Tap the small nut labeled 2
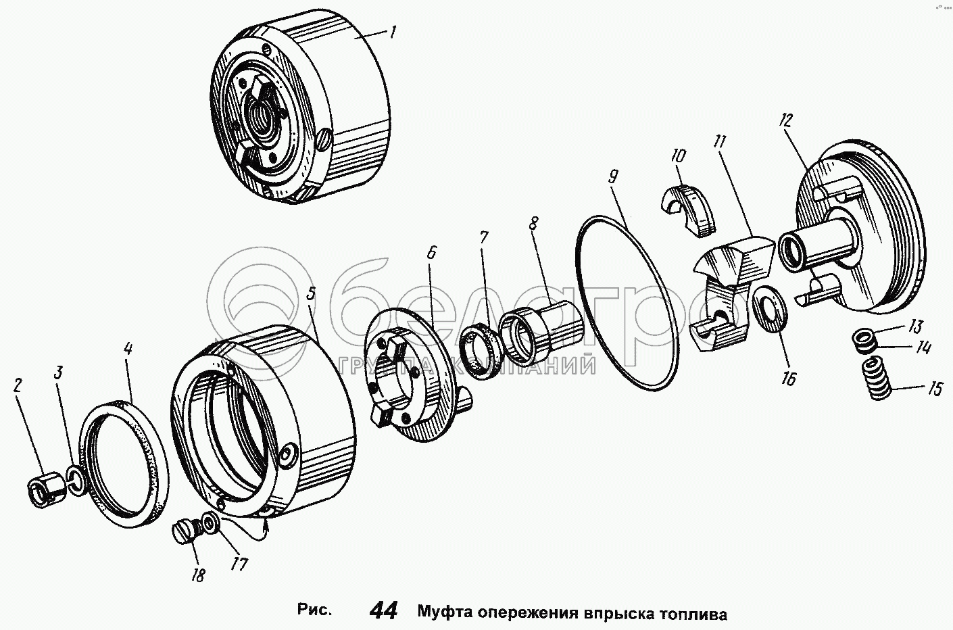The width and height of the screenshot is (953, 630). coord(47,492)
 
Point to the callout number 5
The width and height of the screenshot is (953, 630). coord(312,293)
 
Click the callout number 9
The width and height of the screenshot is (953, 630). coord(612,176)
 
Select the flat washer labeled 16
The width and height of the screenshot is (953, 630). coord(770,308)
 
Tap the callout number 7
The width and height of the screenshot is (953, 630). coord(484,237)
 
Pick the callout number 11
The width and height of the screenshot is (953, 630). coord(720,142)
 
